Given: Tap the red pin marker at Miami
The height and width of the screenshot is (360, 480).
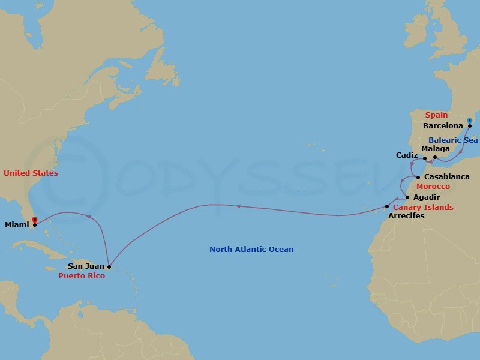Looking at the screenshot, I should (x=35, y=220).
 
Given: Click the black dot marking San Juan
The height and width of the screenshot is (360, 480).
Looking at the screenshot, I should (x=109, y=266).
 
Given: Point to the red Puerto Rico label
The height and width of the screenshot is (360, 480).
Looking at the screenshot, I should (x=82, y=276).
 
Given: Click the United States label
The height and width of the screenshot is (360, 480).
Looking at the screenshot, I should (x=31, y=173).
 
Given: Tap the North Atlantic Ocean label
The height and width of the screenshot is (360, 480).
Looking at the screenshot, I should (x=251, y=249).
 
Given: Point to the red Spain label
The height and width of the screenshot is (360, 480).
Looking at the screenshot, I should (x=436, y=115).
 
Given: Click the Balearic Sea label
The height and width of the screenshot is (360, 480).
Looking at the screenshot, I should (x=453, y=140).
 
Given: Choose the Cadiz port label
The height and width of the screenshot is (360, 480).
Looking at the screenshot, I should (x=407, y=155).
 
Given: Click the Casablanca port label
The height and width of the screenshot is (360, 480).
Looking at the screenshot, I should (x=448, y=177).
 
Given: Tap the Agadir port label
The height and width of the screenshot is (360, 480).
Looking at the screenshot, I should (x=427, y=197).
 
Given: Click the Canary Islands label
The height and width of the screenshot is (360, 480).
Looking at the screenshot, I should (x=423, y=207).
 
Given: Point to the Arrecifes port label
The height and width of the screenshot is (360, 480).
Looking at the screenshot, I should (x=406, y=215).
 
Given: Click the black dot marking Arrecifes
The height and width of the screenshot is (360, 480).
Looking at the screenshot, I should (x=387, y=207).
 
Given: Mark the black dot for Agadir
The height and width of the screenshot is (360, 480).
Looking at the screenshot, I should (x=408, y=197).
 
